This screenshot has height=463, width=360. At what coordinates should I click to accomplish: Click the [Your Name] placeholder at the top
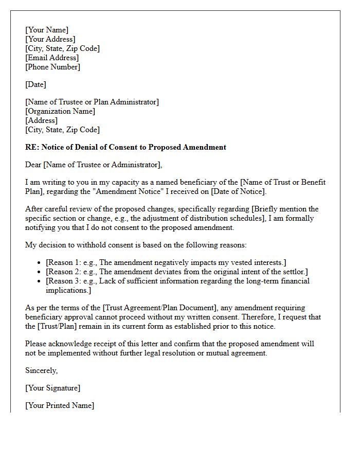click(47, 30)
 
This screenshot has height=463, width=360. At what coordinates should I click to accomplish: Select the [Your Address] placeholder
click(50, 39)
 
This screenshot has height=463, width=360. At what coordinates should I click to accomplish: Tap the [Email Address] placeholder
click(52, 58)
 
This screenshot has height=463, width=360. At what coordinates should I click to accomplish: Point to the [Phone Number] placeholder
click(52, 67)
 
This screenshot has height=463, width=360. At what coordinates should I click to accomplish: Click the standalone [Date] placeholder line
click(35, 84)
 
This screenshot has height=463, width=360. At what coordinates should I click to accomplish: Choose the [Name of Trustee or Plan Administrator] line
click(92, 102)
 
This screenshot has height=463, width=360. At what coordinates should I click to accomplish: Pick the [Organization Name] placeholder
click(60, 111)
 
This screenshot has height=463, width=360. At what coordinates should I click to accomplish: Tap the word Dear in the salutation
click(33, 165)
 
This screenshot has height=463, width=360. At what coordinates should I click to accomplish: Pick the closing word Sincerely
click(42, 370)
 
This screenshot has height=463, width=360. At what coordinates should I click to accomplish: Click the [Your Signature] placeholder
click(52, 388)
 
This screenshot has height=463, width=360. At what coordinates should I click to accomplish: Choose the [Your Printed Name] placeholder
click(60, 405)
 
